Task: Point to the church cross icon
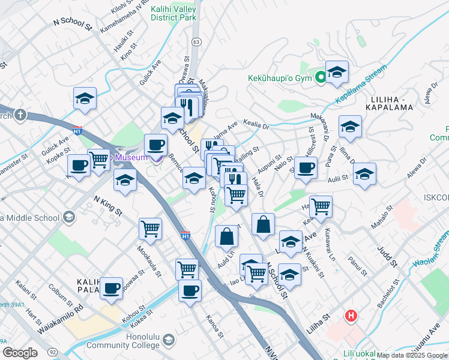[20, 115]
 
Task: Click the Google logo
[19, 352]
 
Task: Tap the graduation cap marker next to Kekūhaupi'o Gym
[337, 72]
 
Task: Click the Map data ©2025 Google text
[412, 355]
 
